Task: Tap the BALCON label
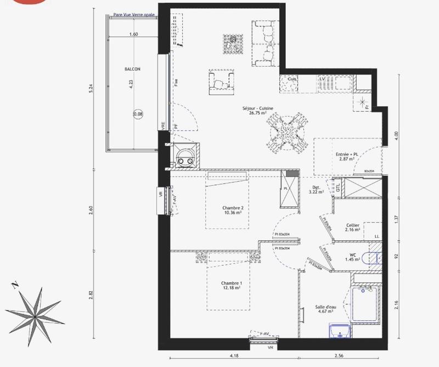pos(132,69)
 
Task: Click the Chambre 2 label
pos(233,211)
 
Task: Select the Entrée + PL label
pos(347,156)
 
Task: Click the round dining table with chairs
pos(286,131)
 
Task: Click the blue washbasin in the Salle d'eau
pos(340,332)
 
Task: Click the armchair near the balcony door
pos(222,81)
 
